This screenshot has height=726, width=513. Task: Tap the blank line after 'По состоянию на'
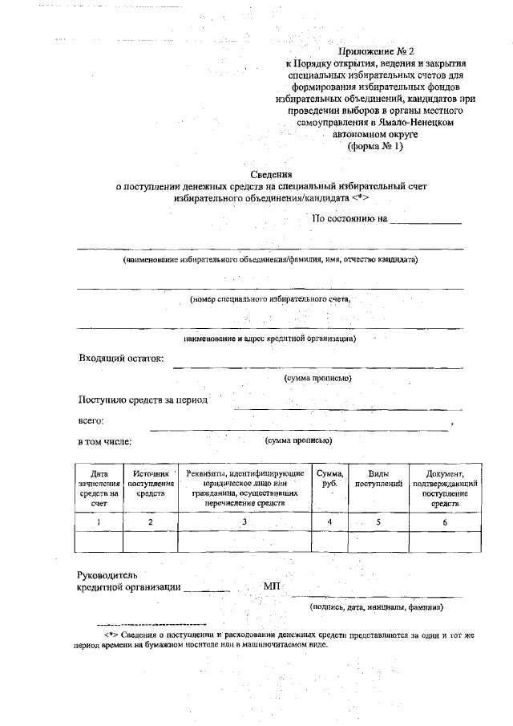(426, 221)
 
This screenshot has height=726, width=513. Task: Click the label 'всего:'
(91, 420)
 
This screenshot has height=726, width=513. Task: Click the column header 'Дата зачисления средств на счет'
(99, 489)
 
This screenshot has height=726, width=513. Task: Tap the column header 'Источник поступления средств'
(150, 484)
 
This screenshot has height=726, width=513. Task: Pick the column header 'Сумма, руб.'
(330, 479)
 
